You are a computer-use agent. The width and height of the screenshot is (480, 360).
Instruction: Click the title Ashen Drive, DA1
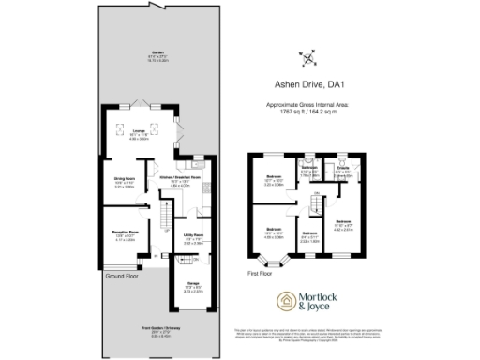point(308,82)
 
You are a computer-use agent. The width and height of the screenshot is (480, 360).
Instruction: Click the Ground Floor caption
point(123,276)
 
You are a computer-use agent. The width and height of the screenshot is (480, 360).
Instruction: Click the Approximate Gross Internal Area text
point(308,106)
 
